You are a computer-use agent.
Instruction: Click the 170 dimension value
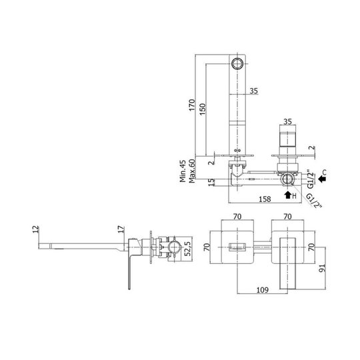tap(192, 105)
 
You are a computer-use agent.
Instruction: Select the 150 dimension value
tap(202, 109)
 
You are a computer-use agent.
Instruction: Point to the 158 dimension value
tap(265, 199)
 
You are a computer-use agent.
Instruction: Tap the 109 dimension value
tap(262, 290)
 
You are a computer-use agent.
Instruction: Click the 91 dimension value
tap(323, 268)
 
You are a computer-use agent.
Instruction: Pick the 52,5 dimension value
tap(187, 249)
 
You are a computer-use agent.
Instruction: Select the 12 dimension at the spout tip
tap(35, 229)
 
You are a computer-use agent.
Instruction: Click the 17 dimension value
tap(121, 229)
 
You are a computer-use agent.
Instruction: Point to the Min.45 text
tap(183, 171)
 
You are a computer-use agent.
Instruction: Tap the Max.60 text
tap(192, 171)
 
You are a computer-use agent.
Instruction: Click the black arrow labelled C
tap(323, 179)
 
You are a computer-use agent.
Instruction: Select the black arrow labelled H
tap(288, 195)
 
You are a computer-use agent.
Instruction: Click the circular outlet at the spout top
tap(237, 63)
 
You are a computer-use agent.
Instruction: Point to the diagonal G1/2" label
tap(314, 201)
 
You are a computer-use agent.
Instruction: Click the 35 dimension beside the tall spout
tap(254, 91)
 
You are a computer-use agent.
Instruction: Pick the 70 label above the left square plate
tap(237, 217)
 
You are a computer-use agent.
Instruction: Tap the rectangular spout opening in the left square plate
tap(237, 247)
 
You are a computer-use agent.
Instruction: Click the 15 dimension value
tap(211, 183)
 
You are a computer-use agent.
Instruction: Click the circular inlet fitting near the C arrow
tap(288, 179)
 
